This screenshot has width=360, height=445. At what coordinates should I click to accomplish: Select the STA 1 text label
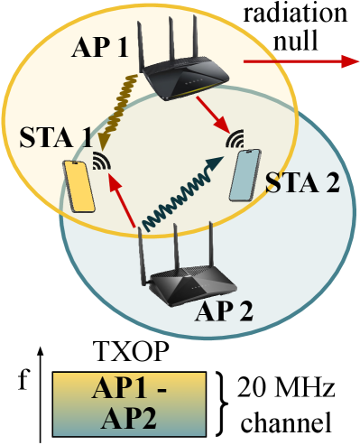(56, 141)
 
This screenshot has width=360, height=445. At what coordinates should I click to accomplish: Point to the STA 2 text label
(302, 183)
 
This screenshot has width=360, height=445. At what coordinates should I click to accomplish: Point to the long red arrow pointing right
(298, 61)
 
